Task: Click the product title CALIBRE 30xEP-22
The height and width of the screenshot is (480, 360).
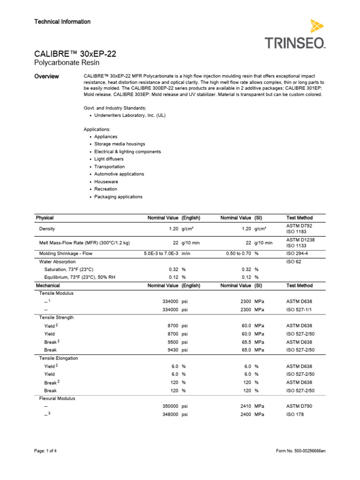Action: click(75, 54)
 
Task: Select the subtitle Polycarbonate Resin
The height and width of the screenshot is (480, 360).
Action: click(67, 63)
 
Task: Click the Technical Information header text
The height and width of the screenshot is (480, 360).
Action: click(62, 22)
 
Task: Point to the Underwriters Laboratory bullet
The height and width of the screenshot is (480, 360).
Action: click(130, 115)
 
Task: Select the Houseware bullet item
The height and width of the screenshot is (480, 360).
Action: click(106, 181)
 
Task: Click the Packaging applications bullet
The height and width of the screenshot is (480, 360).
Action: click(118, 197)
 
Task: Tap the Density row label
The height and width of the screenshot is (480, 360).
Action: click(47, 229)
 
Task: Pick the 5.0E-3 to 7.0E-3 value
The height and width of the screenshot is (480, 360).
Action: click(161, 254)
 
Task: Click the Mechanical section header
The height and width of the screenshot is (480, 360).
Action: click(48, 285)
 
